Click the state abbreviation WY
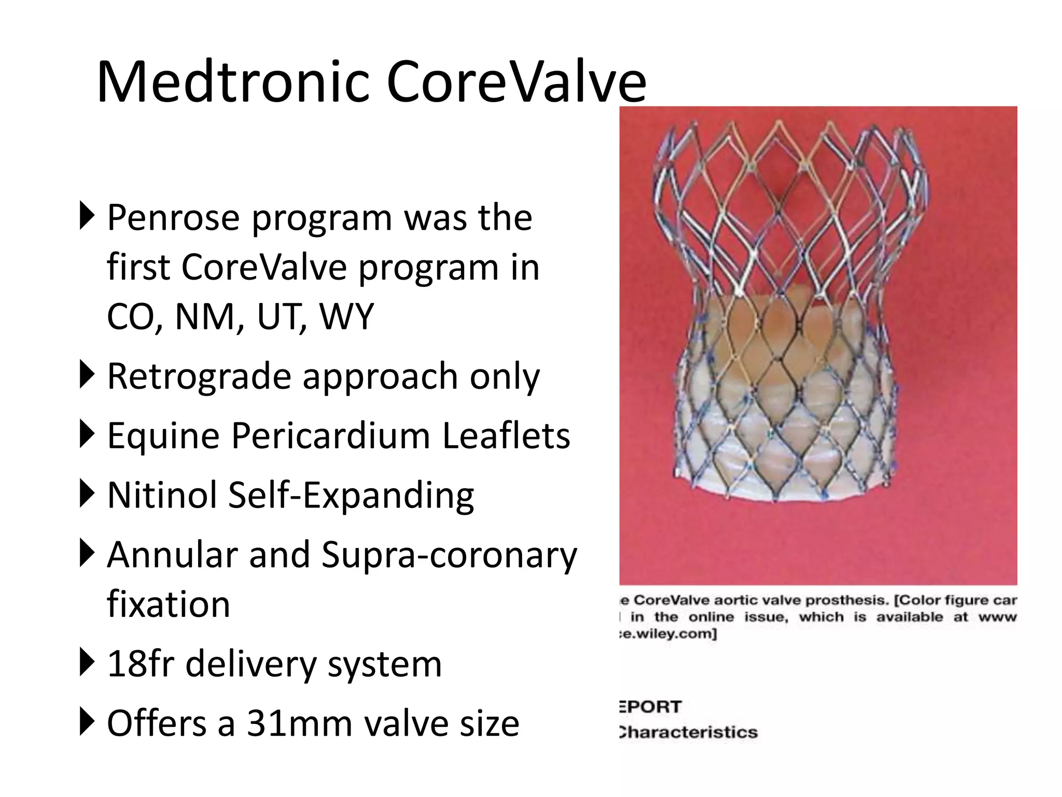346,316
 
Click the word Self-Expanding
351,496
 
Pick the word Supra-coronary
449,555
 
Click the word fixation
168,604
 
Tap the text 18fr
139,664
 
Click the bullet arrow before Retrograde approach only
87,376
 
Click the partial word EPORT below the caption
651,707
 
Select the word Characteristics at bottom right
689,732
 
